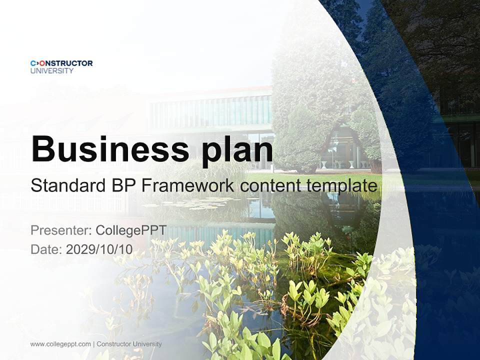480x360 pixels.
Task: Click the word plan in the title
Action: [237, 150]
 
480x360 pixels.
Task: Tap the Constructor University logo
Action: [61, 66]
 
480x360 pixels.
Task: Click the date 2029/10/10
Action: [99, 249]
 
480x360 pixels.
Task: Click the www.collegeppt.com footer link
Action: [60, 344]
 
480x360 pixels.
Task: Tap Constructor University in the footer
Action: [129, 344]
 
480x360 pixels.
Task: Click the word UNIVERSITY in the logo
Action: [52, 71]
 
